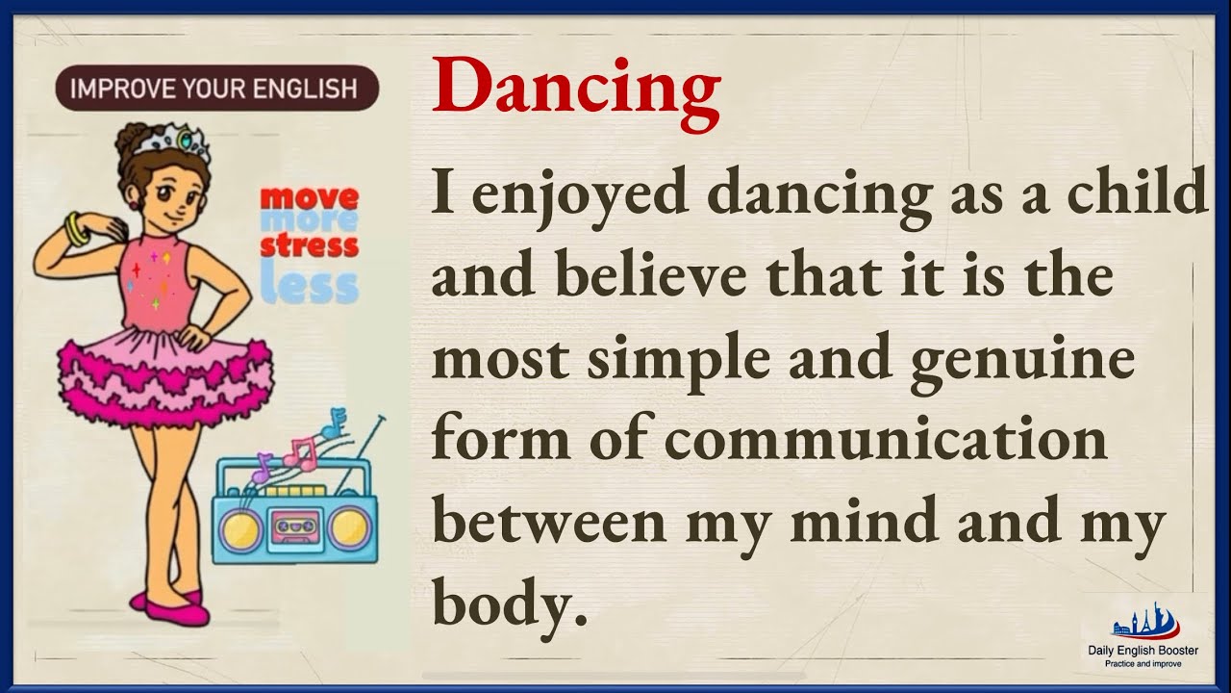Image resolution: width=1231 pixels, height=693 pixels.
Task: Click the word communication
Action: click(x=886, y=441)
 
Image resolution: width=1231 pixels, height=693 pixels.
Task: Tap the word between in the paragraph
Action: click(x=549, y=522)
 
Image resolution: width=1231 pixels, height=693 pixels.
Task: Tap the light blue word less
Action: click(x=310, y=286)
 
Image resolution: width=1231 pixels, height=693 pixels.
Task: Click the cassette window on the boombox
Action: click(x=294, y=524)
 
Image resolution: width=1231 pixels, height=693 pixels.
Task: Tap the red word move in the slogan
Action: click(x=310, y=199)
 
